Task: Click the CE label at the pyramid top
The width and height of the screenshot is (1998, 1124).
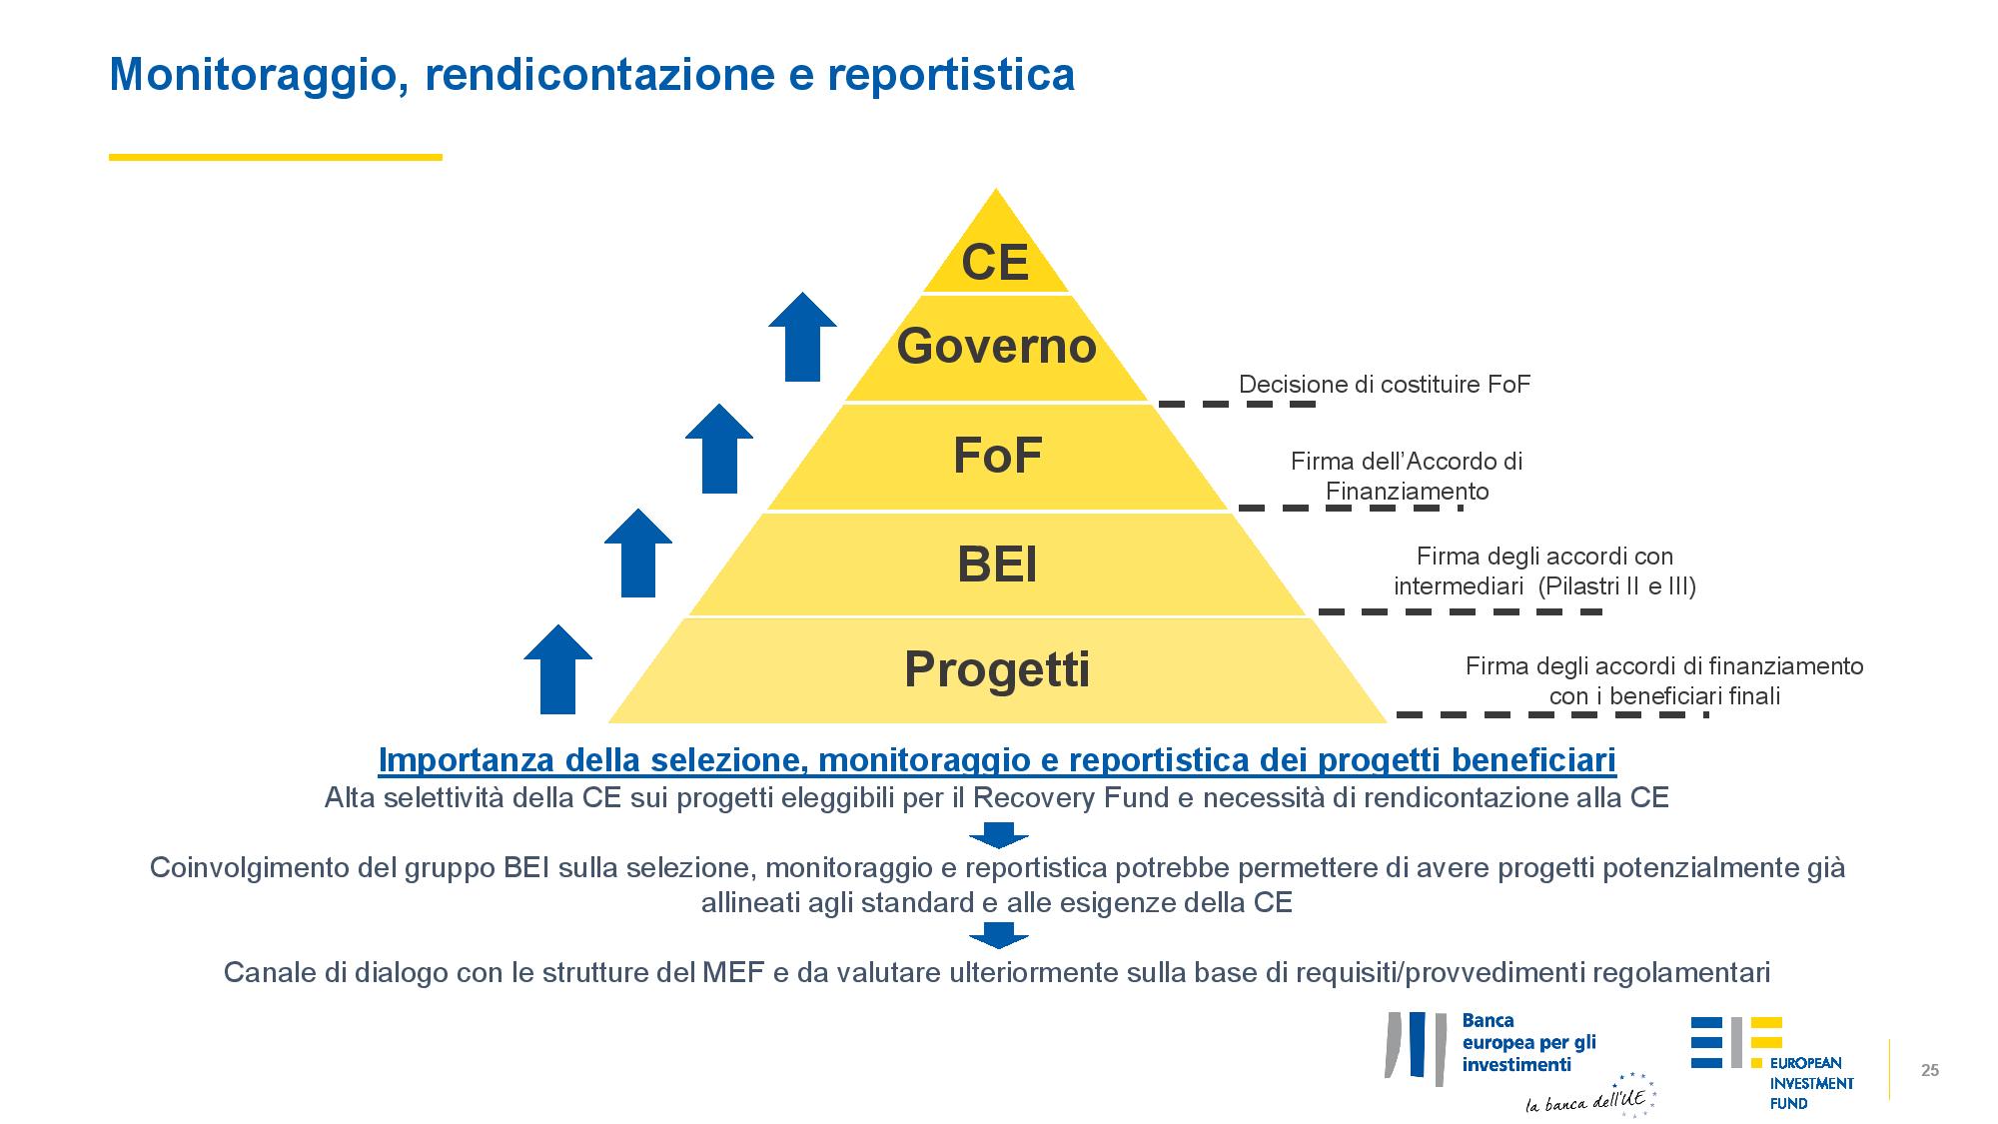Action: coord(995,262)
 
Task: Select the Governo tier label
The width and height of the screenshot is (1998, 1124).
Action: coord(996,346)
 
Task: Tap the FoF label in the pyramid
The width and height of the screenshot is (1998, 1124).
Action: coord(997,456)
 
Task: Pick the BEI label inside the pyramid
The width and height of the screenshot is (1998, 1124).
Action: coord(997,564)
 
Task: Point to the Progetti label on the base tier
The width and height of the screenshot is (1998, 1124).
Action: coord(997,668)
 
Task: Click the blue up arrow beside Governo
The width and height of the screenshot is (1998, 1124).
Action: coord(802,337)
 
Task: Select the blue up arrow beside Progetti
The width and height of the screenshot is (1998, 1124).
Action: coord(557,669)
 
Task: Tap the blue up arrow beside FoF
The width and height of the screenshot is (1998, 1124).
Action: coord(719,449)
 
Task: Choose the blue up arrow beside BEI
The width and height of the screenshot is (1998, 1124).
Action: coord(638,553)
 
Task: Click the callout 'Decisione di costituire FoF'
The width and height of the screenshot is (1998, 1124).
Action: coord(1385,385)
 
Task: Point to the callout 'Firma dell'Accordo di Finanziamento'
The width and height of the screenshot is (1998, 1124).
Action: coord(1407,477)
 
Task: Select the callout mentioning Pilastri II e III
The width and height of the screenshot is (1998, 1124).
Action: coord(1544,571)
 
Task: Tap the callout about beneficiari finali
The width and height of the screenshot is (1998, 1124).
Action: coord(1664,680)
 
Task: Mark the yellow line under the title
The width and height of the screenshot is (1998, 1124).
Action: coord(276,157)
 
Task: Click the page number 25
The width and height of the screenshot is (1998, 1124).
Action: coord(1930,1071)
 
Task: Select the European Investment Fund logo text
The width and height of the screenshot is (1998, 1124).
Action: coord(1811,1083)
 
